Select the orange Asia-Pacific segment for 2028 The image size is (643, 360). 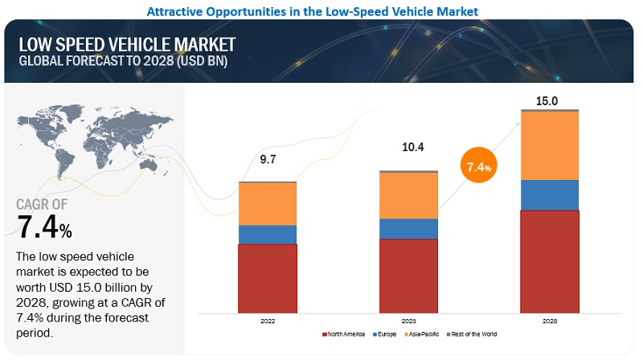click(x=549, y=145)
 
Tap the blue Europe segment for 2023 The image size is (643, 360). click(x=408, y=229)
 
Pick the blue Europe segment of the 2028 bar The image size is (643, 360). click(x=549, y=194)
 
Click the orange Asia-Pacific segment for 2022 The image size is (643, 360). click(x=268, y=204)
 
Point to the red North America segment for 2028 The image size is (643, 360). click(x=549, y=261)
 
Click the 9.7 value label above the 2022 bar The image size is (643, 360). click(x=268, y=161)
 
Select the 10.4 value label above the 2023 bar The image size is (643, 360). click(x=408, y=149)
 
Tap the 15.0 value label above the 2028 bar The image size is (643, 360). click(x=549, y=101)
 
